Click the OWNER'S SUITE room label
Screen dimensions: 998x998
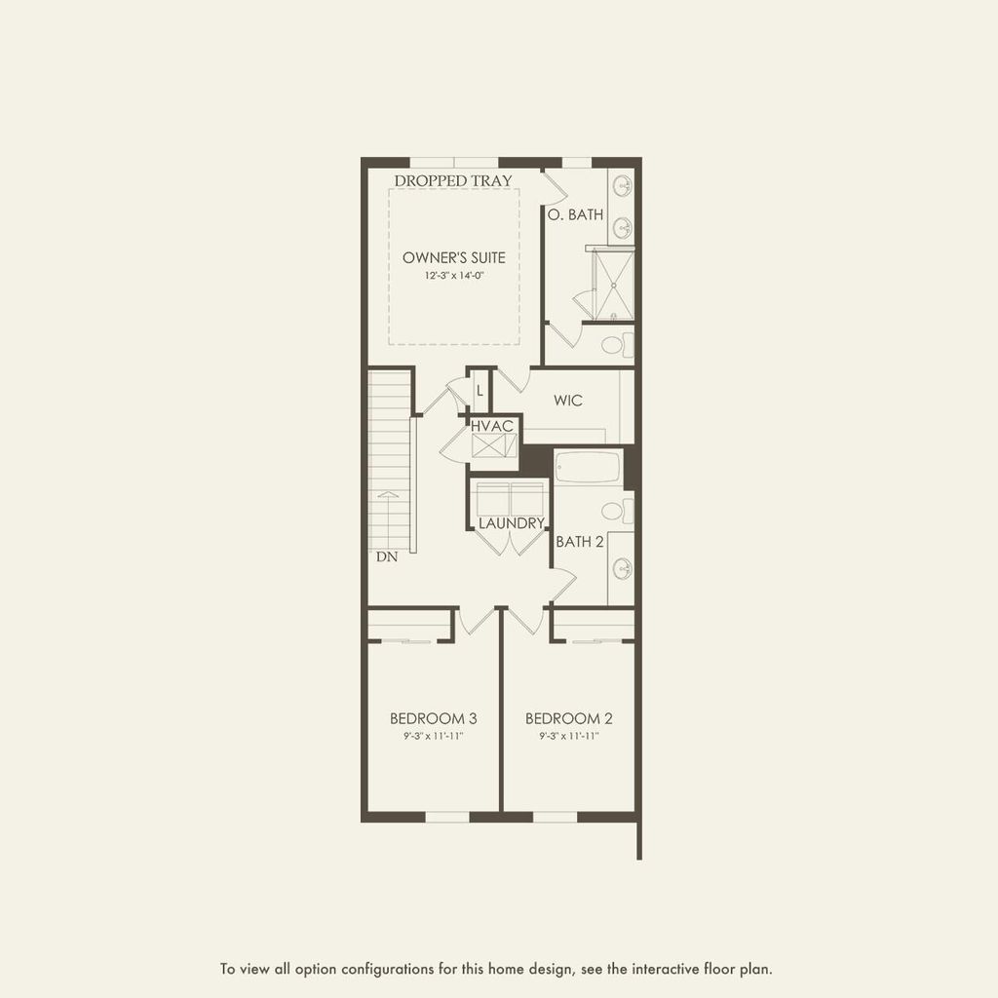click(454, 257)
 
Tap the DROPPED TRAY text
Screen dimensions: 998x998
click(453, 180)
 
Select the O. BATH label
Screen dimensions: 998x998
click(575, 214)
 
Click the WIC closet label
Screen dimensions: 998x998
click(568, 401)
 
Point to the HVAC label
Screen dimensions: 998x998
click(492, 427)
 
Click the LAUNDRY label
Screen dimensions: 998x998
click(511, 523)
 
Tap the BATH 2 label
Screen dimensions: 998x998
click(580, 541)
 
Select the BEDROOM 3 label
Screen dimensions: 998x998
click(434, 718)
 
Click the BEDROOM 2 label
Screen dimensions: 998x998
click(569, 718)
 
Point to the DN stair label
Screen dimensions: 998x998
click(387, 557)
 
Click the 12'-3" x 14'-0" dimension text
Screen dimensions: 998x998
click(454, 276)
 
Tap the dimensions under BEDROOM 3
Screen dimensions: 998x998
click(434, 736)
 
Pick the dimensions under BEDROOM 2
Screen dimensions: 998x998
click(569, 736)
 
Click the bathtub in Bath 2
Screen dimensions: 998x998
click(588, 466)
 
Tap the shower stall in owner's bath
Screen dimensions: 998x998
click(613, 286)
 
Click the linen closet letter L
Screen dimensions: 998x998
click(480, 391)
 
